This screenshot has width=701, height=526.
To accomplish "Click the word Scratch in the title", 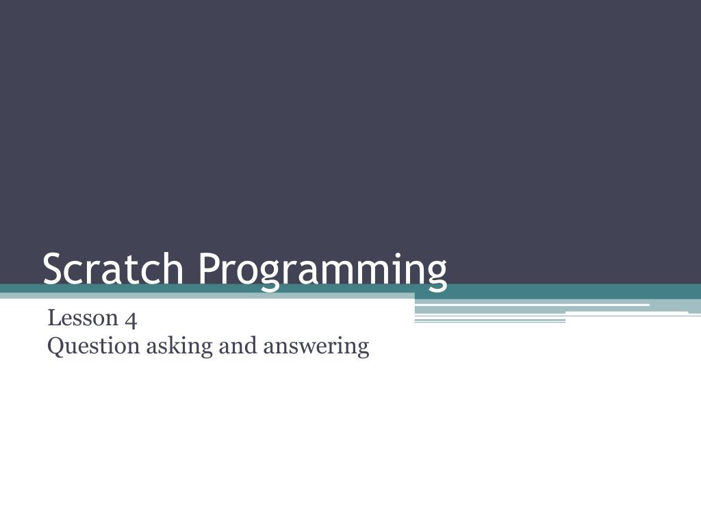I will pos(113,268).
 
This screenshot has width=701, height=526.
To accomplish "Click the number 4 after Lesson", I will pos(131,319).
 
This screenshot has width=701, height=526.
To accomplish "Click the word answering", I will pos(316,347).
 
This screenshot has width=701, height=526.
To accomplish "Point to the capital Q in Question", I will pos(56,346).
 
